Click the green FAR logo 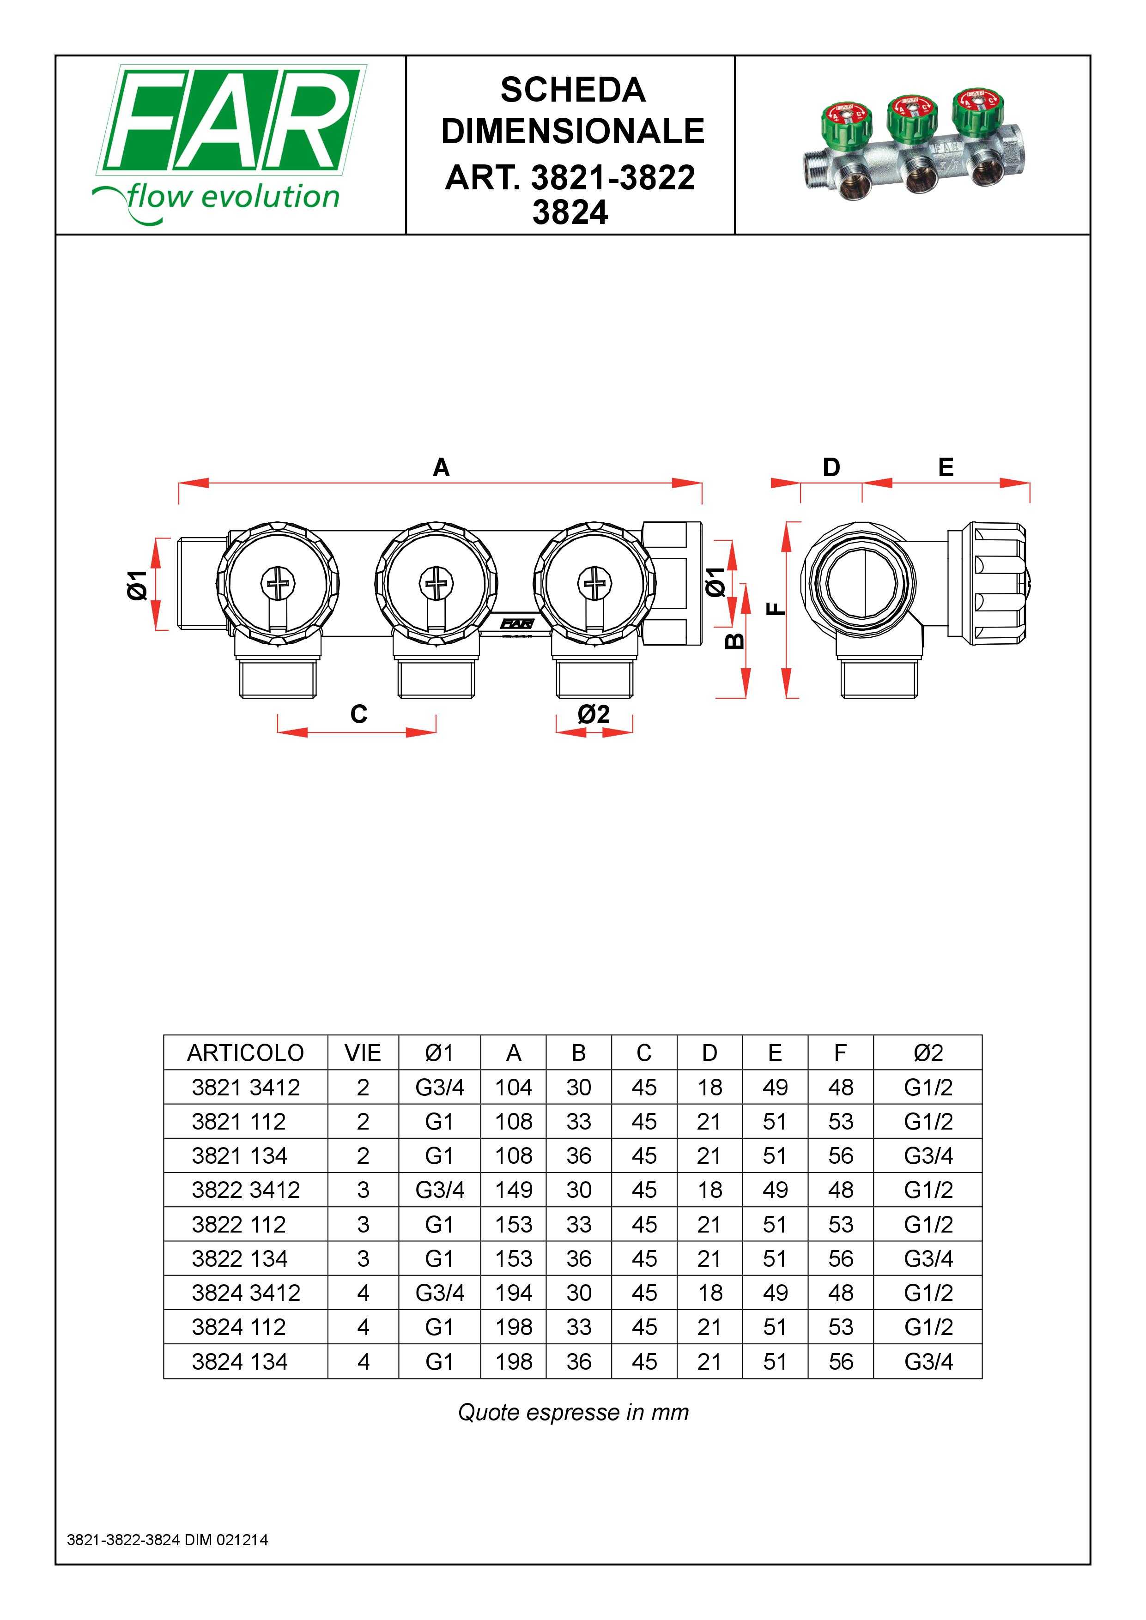pos(231,120)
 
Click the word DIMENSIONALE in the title pos(572,131)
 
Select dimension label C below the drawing pos(358,714)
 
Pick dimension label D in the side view pos(831,467)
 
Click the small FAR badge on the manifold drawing pos(516,624)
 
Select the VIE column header pos(363,1053)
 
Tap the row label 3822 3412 pos(246,1191)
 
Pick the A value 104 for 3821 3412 pos(513,1087)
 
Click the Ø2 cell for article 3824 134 pos(928,1362)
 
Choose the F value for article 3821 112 pos(841,1122)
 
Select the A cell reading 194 pos(513,1294)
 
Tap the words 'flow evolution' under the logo pos(233,197)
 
